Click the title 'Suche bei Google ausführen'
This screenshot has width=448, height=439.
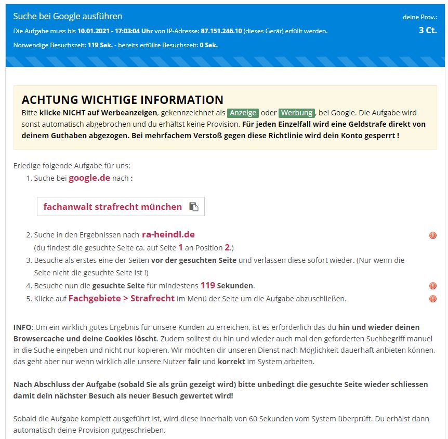68,16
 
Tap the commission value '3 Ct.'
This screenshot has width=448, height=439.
428,30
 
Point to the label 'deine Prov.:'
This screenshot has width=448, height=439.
419,17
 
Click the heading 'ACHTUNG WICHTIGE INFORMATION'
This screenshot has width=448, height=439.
122,100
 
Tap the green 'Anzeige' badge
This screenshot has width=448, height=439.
243,113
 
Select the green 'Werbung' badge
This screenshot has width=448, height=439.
296,113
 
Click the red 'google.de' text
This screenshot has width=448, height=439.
89,178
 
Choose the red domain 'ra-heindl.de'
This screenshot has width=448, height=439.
168,234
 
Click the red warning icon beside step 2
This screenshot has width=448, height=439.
432,235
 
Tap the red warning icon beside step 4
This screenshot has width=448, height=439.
432,286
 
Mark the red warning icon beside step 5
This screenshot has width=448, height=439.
432,299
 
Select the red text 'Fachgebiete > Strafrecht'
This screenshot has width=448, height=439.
121,298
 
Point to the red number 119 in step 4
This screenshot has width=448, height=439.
207,285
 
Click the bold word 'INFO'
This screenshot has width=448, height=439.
23,327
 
